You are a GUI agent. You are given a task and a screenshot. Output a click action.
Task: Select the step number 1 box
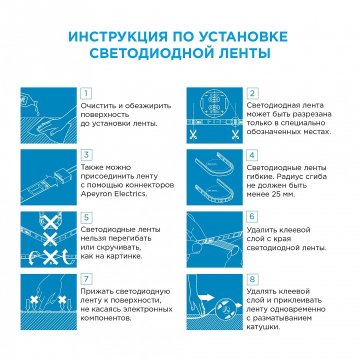86,93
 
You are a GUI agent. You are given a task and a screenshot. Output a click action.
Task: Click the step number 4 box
252,155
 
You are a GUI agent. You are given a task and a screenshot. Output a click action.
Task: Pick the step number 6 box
252,216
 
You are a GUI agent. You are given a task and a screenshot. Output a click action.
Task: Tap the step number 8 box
252,279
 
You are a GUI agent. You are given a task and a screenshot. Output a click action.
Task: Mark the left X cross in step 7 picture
34,300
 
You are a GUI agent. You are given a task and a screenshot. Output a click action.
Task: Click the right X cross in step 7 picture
62,300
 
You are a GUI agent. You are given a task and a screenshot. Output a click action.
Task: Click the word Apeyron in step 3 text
95,193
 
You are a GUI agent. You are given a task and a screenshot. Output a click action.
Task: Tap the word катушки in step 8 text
263,327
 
